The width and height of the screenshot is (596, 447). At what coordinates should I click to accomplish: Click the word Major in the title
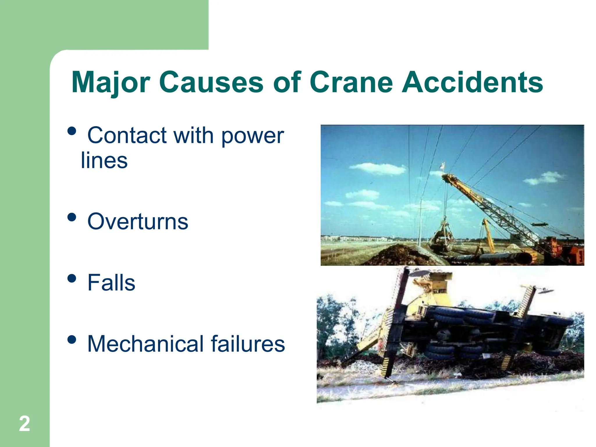[111, 83]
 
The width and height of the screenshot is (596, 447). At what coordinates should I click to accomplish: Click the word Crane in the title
[350, 83]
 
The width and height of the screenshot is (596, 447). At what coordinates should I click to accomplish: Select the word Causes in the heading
[211, 83]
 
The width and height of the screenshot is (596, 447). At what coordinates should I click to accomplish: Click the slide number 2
[24, 424]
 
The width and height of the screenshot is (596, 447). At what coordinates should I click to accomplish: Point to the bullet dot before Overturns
[72, 217]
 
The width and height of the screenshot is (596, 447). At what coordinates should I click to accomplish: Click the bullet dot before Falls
[72, 279]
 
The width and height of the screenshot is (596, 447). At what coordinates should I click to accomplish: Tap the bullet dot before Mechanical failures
[72, 339]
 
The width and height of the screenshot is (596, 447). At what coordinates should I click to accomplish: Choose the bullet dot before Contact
[72, 131]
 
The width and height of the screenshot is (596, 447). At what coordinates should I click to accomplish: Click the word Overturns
[138, 222]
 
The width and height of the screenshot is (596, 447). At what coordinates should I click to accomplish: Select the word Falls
[111, 283]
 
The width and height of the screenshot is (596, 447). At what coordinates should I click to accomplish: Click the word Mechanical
[145, 344]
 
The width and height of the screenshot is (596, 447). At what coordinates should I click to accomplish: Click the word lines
[104, 161]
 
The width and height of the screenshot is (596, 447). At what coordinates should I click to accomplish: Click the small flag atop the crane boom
[442, 166]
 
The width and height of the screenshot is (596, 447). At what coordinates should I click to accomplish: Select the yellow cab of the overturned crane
[434, 288]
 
